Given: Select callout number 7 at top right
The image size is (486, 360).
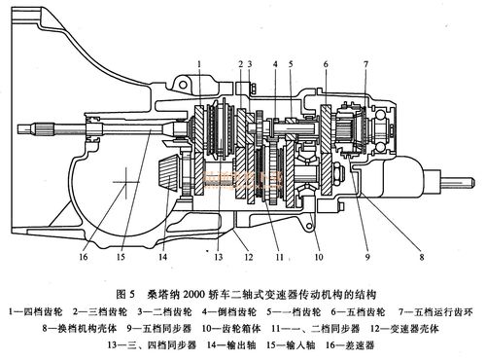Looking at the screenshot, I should [364, 64].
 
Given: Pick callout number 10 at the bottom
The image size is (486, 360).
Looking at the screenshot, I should [317, 258].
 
